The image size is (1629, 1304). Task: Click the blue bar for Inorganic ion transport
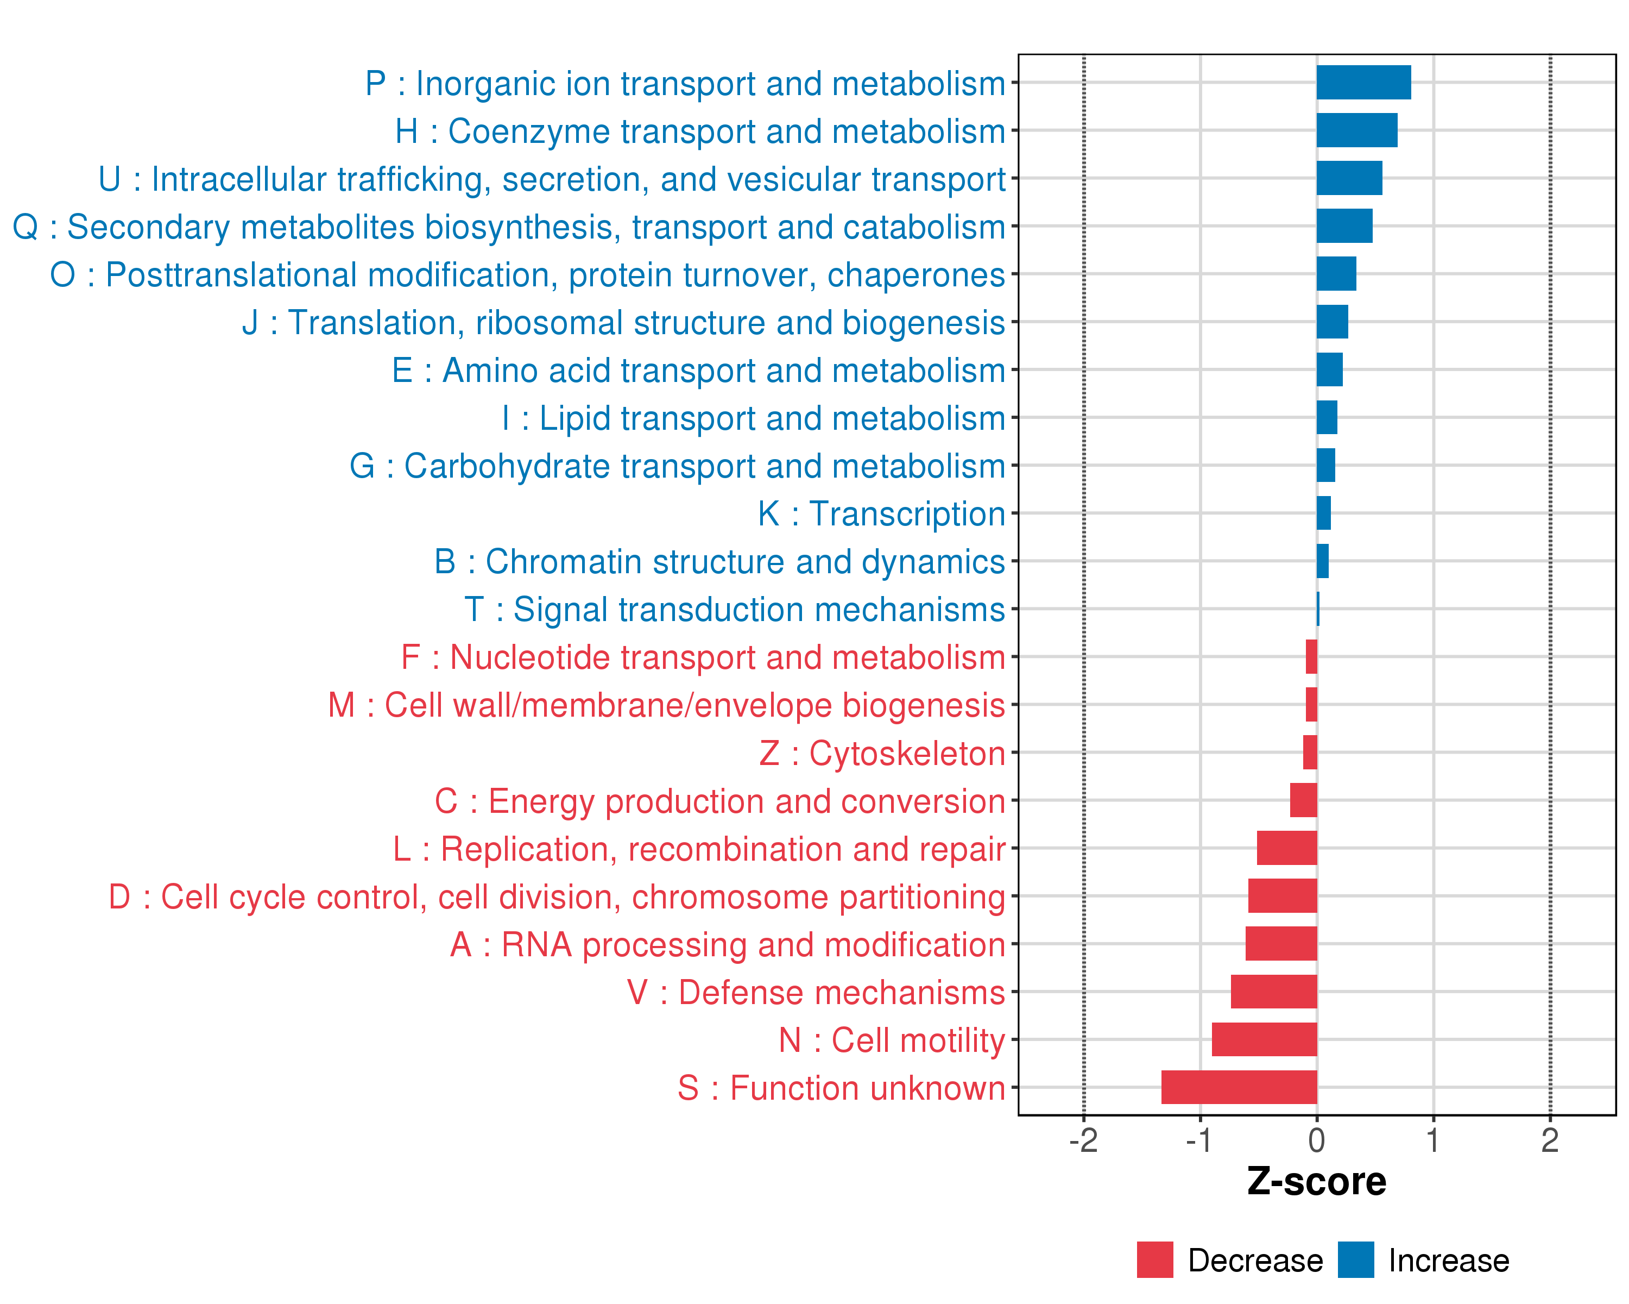pos(1363,83)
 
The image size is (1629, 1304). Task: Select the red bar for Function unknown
pos(1239,1087)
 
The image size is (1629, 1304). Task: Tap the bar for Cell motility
pos(1264,1039)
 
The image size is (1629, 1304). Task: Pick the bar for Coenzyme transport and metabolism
pos(1356,130)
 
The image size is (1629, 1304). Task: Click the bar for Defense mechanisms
pos(1274,992)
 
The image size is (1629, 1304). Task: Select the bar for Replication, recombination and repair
pos(1287,848)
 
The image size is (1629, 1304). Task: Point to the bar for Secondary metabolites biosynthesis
pos(1344,226)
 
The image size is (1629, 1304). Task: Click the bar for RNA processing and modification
pos(1281,943)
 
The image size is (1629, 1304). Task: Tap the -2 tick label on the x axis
pos(1083,1140)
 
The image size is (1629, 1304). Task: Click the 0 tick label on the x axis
pos(1317,1140)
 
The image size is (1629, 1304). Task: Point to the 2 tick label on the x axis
pos(1550,1140)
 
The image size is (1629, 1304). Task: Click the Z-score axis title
pos(1317,1182)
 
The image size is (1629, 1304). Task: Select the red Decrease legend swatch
pos(1154,1259)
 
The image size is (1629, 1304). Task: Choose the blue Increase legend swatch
pos(1355,1259)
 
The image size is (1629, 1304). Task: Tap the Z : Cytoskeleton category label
pos(882,754)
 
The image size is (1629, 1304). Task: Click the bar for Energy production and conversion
pos(1303,800)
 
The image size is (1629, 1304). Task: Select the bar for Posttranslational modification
pos(1336,274)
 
